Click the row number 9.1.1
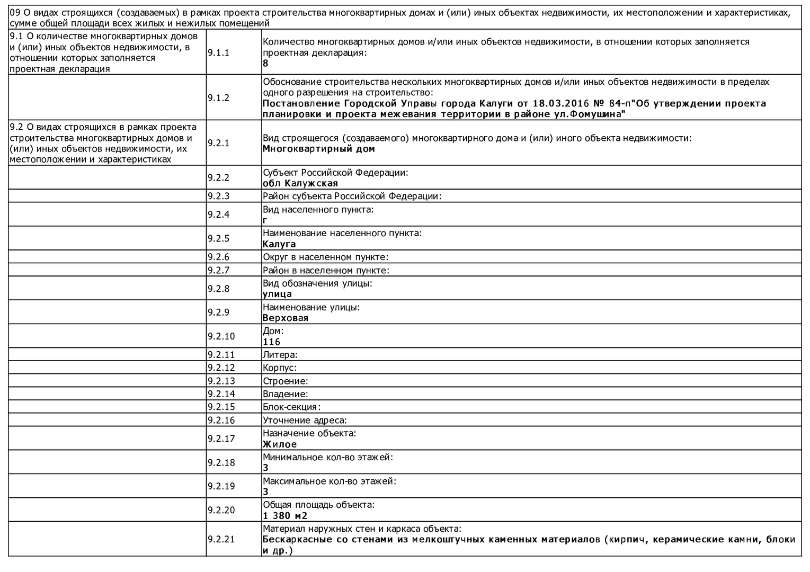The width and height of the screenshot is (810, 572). (x=218, y=52)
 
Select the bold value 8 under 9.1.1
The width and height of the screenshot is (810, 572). (x=265, y=64)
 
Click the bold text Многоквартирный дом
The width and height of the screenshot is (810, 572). (x=318, y=149)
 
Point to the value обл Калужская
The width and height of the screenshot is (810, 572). (x=300, y=183)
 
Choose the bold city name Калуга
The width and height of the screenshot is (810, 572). (x=279, y=244)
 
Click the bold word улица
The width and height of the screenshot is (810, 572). (x=277, y=294)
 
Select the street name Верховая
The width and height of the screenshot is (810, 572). (x=286, y=318)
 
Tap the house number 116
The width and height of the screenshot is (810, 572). (x=271, y=342)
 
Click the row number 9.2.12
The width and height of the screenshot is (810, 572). (x=221, y=368)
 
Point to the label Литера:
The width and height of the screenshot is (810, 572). (x=280, y=355)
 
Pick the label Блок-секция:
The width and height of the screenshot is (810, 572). (x=291, y=407)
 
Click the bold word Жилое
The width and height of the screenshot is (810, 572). (x=280, y=444)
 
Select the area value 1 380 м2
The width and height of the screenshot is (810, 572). (x=285, y=516)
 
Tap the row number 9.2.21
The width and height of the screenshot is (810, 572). (x=221, y=539)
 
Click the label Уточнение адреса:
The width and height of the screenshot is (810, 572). (x=305, y=421)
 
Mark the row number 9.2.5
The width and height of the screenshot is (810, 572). (x=218, y=238)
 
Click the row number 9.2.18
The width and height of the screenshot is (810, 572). (x=221, y=462)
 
